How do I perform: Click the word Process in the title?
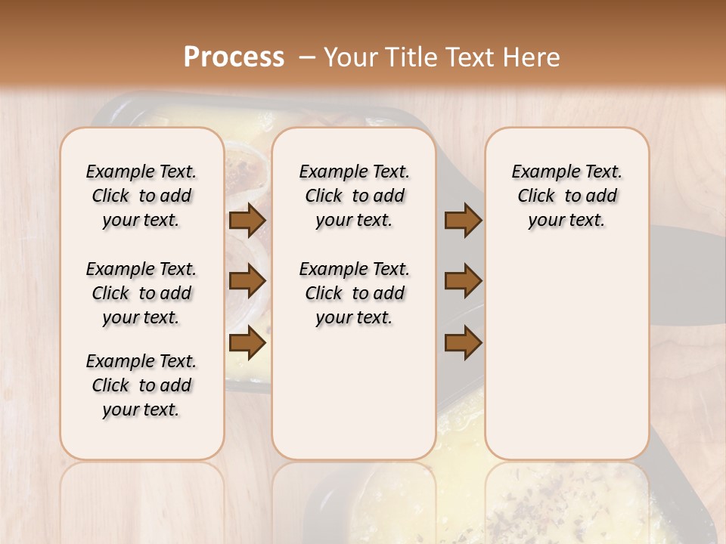pos(234,57)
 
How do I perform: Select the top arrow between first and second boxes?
pos(247,220)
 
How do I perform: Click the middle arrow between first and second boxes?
pos(247,281)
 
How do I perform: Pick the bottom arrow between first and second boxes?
pos(247,342)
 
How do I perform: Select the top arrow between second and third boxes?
pos(463,220)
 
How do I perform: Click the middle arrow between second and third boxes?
pos(463,281)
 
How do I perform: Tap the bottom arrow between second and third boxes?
pos(463,342)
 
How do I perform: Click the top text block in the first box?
pos(141,196)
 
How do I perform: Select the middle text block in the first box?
pos(141,293)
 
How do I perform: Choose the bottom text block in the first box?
pos(141,385)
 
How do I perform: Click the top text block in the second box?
pos(354,196)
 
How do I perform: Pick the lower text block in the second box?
pos(354,293)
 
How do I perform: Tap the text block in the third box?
pos(567,196)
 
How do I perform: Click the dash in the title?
pos(307,57)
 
